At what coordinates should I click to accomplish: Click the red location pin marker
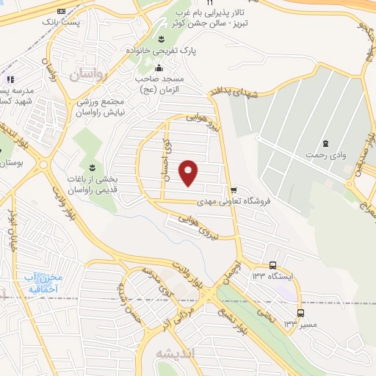pos(189,172)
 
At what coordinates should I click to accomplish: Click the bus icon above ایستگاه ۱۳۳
pos(272,265)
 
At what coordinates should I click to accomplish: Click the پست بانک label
pos(60,23)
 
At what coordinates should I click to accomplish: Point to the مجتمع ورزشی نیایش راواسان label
pos(101,107)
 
